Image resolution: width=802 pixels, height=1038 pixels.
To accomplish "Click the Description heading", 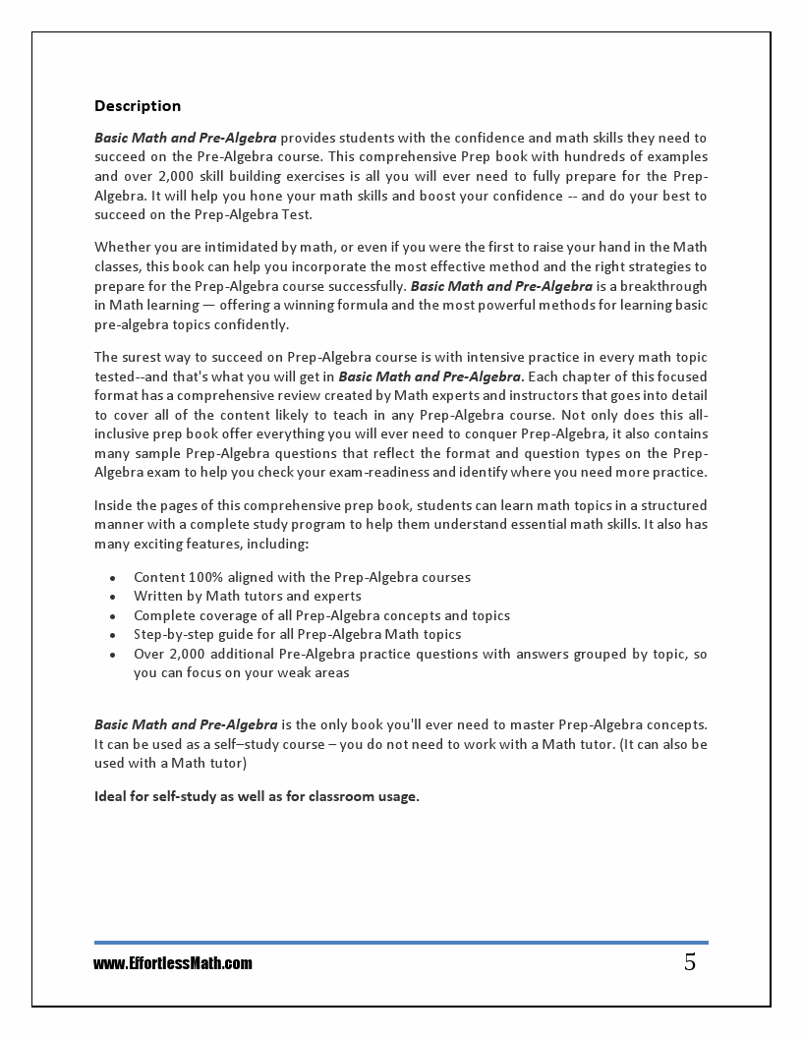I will pyautogui.click(x=138, y=106).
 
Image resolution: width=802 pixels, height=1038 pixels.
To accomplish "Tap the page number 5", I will pyautogui.click(x=690, y=962).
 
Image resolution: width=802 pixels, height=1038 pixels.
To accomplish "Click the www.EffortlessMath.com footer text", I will pyautogui.click(x=173, y=963).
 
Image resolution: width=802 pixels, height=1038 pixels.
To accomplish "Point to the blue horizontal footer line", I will pyautogui.click(x=401, y=943).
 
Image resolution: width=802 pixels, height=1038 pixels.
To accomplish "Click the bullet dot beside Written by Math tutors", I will pyautogui.click(x=114, y=597).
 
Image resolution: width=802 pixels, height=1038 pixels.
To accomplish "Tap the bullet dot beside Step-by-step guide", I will pyautogui.click(x=114, y=635).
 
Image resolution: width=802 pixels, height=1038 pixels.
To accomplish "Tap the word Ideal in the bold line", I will pyautogui.click(x=110, y=796).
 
